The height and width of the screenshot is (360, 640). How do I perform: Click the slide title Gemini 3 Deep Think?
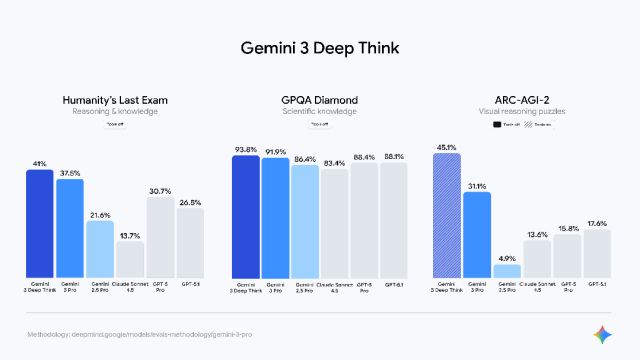tap(320, 48)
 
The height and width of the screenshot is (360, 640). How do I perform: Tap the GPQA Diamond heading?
tap(320, 100)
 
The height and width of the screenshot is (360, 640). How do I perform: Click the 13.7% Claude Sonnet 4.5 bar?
tap(130, 259)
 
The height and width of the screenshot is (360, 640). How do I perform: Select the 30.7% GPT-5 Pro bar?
tap(160, 237)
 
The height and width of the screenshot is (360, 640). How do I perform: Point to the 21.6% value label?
tap(100, 214)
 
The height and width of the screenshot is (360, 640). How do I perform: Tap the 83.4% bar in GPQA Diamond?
tap(335, 223)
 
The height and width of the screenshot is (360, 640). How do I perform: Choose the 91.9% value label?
tap(275, 152)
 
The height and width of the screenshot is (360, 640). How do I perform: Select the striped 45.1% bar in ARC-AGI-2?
tap(446, 215)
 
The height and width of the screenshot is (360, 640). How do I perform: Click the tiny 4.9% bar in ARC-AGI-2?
tap(506, 271)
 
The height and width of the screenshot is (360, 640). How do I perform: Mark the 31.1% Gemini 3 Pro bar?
tap(476, 234)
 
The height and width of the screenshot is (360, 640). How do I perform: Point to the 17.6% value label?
tap(596, 223)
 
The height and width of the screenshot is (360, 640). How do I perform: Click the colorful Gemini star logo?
tap(603, 334)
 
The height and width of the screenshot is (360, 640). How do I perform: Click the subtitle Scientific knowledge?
tap(320, 112)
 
